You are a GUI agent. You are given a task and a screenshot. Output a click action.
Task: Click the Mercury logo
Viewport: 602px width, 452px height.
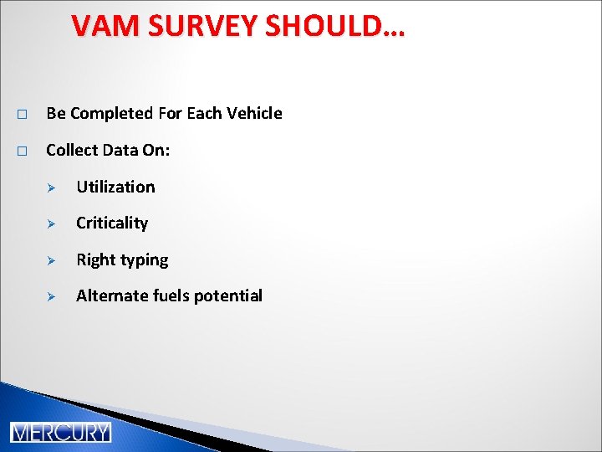[x=60, y=432]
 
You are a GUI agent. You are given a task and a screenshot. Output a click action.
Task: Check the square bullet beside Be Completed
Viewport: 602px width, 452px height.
[x=22, y=114]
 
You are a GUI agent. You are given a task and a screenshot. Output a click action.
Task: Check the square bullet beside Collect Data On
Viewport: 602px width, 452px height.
[x=22, y=151]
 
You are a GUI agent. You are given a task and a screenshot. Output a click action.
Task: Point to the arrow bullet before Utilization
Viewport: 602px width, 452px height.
[x=50, y=187]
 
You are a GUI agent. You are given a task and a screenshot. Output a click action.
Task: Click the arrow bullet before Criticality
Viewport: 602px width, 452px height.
[x=50, y=223]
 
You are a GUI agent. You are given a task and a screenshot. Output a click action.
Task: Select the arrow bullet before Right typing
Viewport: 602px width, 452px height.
[x=50, y=260]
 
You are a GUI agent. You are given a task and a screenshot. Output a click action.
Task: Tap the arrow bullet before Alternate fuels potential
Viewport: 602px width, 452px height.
[x=50, y=296]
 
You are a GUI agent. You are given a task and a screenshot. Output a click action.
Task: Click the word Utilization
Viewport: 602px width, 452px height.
[x=115, y=187]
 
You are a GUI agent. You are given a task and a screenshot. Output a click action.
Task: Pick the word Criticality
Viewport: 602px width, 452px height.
[x=112, y=223]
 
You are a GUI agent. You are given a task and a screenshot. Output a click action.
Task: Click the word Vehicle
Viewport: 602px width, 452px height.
[x=254, y=113]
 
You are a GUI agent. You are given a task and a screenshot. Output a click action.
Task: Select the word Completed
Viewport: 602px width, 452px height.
[x=106, y=113]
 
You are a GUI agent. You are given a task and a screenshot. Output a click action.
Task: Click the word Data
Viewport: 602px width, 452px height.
[x=120, y=150]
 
